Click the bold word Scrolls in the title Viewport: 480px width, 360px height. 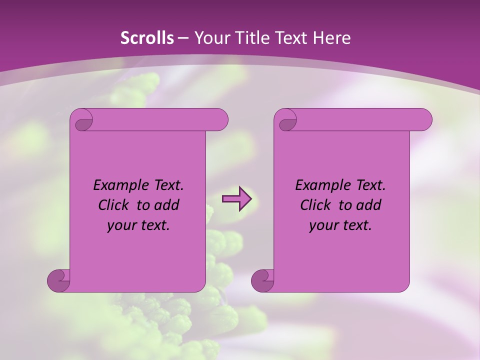point(147,38)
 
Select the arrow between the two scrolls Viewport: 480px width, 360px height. point(236,199)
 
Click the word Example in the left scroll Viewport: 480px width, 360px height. point(118,185)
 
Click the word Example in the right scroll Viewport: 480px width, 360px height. point(320,185)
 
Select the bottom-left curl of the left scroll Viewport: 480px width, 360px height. point(58,280)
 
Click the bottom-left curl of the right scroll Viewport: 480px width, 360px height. point(262,280)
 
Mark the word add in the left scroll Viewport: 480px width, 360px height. point(167,205)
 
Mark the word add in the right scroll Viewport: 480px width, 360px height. point(369,205)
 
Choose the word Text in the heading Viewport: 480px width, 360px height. point(290,38)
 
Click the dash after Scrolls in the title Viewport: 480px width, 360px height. point(183,38)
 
